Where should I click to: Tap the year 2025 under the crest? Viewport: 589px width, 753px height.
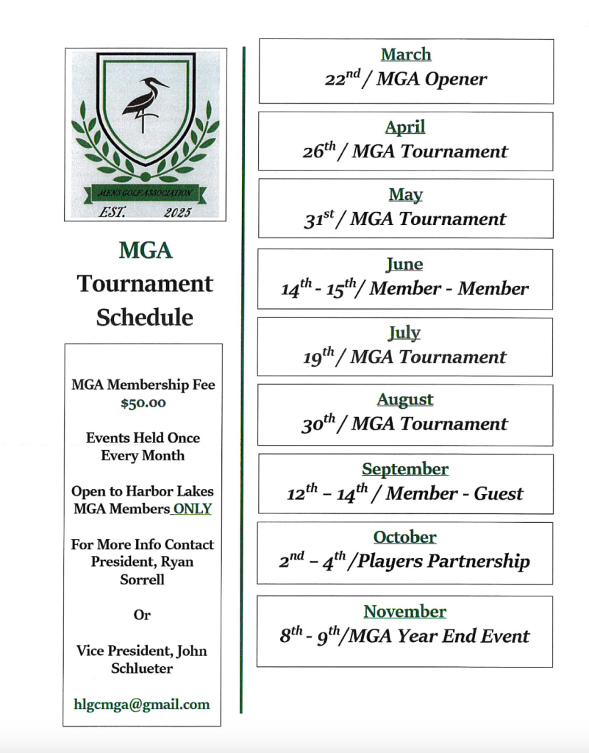click(x=177, y=212)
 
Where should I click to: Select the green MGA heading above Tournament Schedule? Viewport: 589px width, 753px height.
click(x=145, y=251)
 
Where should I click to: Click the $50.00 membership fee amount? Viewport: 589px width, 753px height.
click(x=143, y=403)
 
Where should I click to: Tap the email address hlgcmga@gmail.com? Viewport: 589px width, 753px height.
click(x=143, y=704)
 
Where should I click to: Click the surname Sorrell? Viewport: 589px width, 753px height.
click(x=143, y=579)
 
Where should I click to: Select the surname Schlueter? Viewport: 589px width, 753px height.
click(x=142, y=668)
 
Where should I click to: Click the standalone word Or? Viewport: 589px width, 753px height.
click(x=142, y=615)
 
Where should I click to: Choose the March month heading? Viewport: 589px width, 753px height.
click(x=406, y=54)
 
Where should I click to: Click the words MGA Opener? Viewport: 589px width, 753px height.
click(x=432, y=79)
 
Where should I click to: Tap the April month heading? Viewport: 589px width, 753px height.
click(x=405, y=127)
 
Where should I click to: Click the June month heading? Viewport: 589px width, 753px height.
click(x=404, y=264)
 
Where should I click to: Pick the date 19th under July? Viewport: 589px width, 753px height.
click(x=318, y=357)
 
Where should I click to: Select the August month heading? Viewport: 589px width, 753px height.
click(x=405, y=400)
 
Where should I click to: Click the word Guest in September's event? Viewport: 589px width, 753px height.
click(x=499, y=493)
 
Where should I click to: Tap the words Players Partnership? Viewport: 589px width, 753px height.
click(x=443, y=562)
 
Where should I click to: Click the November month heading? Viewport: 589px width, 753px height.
click(x=404, y=612)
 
